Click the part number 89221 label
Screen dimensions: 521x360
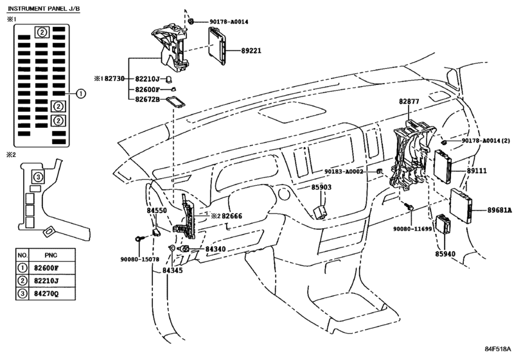251,51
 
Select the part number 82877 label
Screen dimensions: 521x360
409,102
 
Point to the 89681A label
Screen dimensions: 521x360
500,210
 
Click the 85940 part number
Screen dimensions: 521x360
445,254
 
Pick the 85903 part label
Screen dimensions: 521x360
321,187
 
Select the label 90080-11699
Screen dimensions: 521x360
412,229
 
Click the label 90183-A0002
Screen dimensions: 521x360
344,172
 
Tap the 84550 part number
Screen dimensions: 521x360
157,210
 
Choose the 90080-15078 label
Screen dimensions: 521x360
139,259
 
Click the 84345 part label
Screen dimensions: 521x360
172,271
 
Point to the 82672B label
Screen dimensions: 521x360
148,100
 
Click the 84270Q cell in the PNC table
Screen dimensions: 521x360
46,294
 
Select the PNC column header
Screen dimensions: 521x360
51,255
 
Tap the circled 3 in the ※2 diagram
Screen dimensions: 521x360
38,177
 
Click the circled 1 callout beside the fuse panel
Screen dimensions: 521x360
81,94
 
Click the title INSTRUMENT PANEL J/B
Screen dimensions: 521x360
44,8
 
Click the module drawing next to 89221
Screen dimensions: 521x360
217,46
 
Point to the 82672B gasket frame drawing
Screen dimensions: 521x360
175,102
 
